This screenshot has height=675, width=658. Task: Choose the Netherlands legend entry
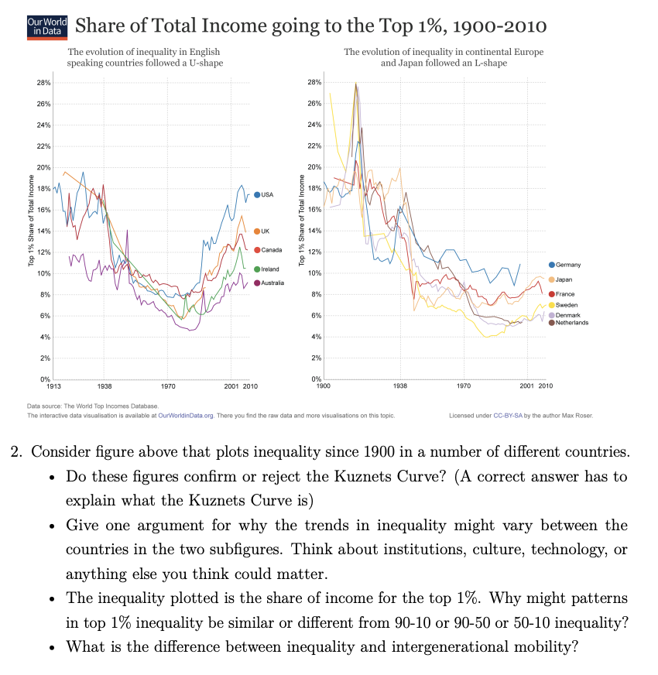point(570,323)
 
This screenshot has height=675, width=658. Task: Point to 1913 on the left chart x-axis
point(54,385)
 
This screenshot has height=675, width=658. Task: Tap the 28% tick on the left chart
point(43,82)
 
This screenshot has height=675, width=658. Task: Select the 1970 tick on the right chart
point(463,385)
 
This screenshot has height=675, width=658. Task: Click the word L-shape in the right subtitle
point(491,63)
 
